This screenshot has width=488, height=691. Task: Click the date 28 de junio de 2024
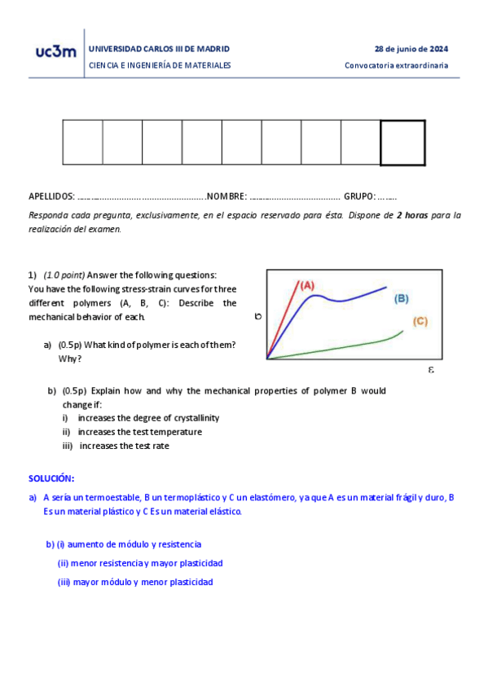[x=411, y=49]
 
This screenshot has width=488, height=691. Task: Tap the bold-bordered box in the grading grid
[x=402, y=143]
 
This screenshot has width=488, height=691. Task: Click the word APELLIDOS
[x=51, y=196]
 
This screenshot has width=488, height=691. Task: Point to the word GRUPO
[x=359, y=196]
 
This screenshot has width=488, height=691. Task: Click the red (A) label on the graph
[x=307, y=285]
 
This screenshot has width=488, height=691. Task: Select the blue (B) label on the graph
[x=401, y=299]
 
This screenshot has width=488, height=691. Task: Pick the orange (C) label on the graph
[x=420, y=322]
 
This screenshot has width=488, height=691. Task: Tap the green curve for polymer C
[x=342, y=346]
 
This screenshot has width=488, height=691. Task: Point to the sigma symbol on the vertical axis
[x=257, y=316]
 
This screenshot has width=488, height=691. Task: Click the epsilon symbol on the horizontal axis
[x=431, y=370]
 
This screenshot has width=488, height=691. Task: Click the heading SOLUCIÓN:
[x=51, y=478]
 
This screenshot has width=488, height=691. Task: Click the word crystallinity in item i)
[x=193, y=418]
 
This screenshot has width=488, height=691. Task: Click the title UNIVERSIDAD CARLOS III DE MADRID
[x=159, y=49]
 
